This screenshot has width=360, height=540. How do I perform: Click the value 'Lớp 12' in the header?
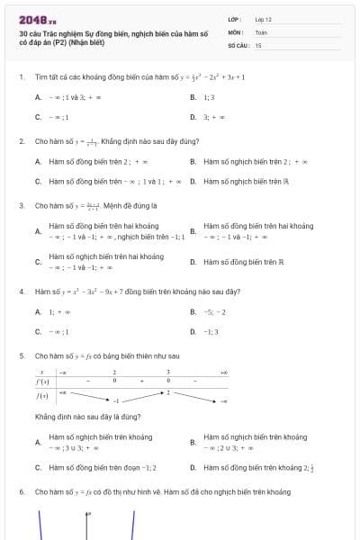pos(263,19)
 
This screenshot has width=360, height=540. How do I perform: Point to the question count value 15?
pos(258,44)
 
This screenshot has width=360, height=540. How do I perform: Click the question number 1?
pos(21,76)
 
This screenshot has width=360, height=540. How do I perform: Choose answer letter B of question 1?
pos(193,97)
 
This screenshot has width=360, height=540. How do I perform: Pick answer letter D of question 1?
pos(193,117)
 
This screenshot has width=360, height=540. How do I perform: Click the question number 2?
pos(21,141)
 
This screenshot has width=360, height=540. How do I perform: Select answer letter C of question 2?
pos(38,181)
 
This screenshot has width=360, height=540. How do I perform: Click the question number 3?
pos(21,205)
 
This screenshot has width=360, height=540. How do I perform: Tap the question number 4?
pos(21,292)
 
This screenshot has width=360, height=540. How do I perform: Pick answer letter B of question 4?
pos(193,311)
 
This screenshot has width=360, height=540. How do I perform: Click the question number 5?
pos(21,355)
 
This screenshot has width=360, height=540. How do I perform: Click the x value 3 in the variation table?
pos(168,371)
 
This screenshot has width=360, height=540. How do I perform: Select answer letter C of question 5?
pos(38,467)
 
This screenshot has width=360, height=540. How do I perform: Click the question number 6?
pos(21,492)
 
